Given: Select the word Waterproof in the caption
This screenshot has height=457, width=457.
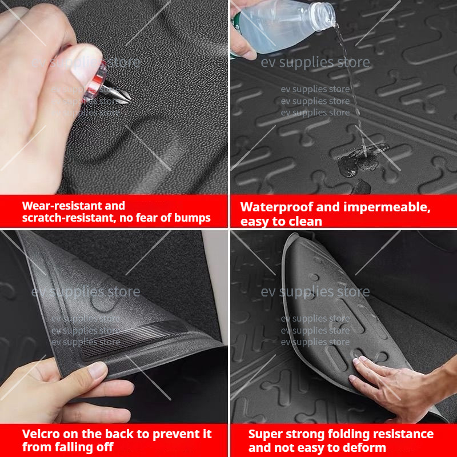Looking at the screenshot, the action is pos(276,207).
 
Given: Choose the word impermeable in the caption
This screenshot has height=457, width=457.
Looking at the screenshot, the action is pos(387,207).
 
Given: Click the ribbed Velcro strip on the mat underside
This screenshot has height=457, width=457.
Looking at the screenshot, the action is pos(134,339).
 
